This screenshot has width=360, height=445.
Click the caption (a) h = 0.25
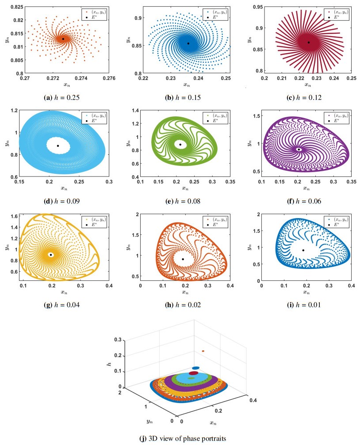pos(61,98)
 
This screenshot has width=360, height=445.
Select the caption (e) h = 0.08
pos(183,201)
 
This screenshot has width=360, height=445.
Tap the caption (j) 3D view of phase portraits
pos(183,438)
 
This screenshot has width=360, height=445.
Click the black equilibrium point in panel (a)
pos(63,38)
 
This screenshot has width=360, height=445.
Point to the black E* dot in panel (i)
pos(303,250)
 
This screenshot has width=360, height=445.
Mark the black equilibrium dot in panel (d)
pos(58,146)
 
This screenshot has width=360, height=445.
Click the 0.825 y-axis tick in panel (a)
pos(17,7)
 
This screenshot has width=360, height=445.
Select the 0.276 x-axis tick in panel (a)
pos(109,78)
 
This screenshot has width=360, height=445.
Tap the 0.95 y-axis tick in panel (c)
pos(258,7)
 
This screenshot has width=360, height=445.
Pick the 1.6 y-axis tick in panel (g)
pos(14,216)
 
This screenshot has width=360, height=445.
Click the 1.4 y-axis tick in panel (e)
pos(135,111)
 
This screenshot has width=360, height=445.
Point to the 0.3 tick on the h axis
pos(118,340)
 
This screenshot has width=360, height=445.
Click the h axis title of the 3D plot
pos(109,363)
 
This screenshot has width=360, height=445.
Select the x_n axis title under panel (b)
pos(186,85)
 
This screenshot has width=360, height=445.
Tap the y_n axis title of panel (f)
pos(249,143)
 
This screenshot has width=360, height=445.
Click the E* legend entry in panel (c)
pos(333,17)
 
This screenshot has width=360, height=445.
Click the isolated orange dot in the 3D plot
pos(203,351)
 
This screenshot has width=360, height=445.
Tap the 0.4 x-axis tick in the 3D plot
pos(253,400)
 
